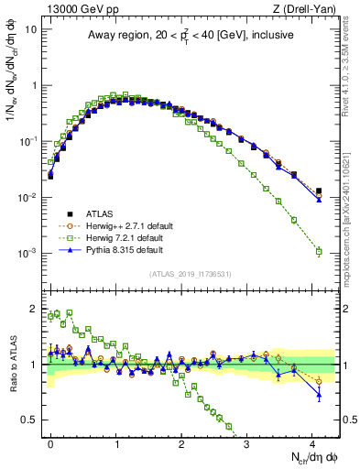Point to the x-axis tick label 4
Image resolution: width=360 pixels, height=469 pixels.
click(313, 442)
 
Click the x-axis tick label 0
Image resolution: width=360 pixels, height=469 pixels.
click(50, 442)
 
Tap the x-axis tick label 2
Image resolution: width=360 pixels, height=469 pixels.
click(182, 442)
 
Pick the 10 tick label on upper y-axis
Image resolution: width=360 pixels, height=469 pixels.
click(29, 28)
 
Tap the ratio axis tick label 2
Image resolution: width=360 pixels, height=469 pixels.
click(35, 308)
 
